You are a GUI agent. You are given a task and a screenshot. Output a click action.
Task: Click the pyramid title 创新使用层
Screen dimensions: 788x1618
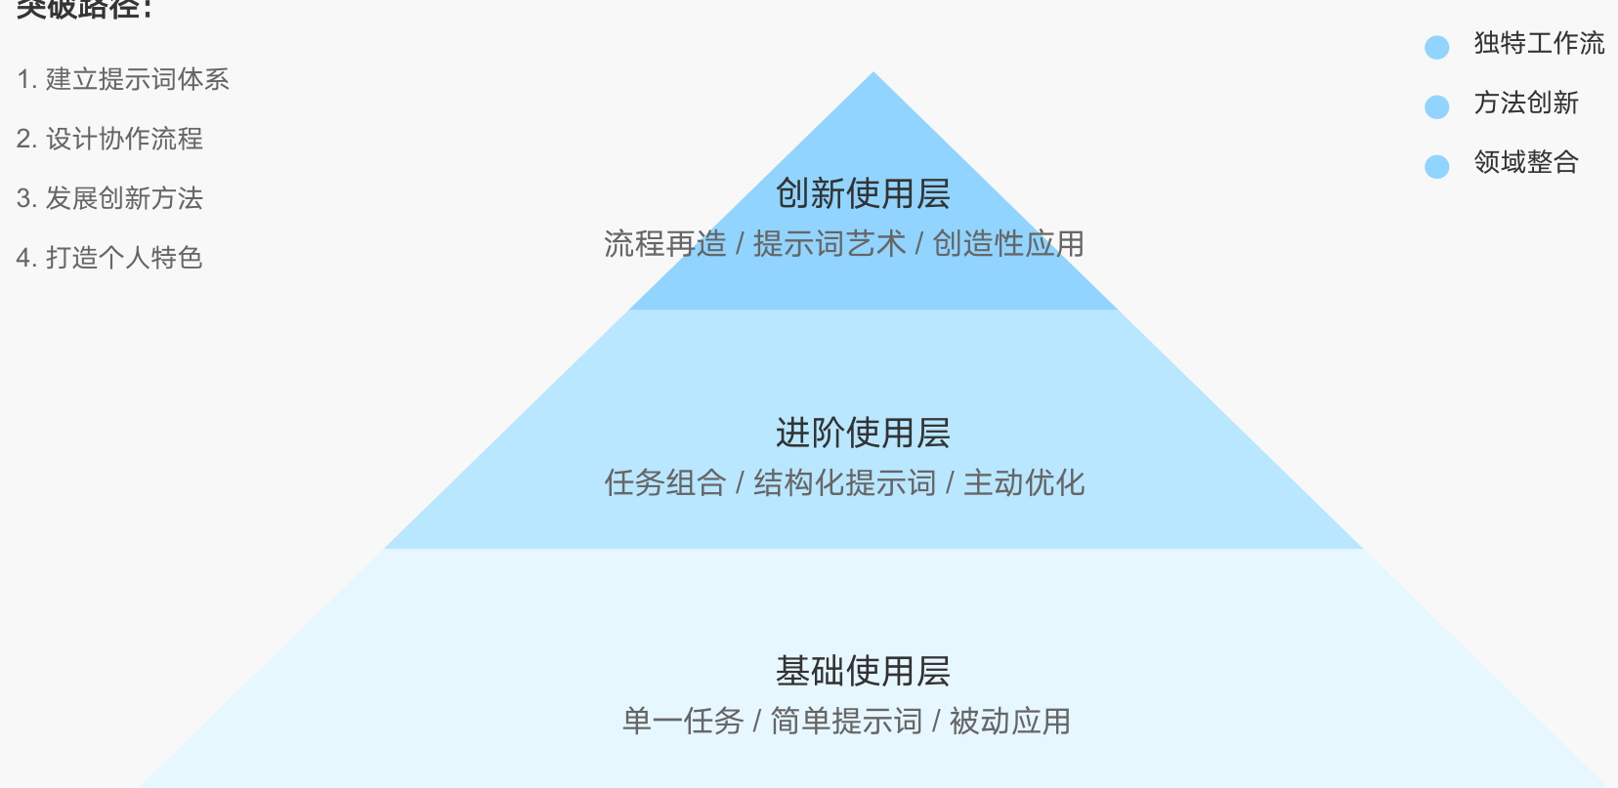(x=863, y=193)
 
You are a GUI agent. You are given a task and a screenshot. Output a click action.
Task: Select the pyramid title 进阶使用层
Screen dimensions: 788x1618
(x=863, y=433)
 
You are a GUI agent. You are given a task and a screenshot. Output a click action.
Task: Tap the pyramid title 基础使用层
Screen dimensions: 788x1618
(x=863, y=671)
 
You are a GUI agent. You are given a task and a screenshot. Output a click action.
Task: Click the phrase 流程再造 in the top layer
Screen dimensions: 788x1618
(x=664, y=243)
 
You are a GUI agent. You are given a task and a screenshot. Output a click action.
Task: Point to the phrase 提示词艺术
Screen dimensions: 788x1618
(x=830, y=243)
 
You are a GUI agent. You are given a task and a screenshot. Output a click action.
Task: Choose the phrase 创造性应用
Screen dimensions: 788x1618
(x=1008, y=243)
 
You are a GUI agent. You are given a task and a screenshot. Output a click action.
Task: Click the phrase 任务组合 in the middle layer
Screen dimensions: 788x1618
(x=664, y=482)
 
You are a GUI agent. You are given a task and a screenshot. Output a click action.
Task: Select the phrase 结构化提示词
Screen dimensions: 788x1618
(x=844, y=482)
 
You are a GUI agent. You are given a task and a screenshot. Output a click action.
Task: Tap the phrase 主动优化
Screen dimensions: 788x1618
(x=1024, y=482)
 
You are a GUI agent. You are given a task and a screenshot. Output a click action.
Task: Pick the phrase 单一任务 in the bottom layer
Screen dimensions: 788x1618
(x=683, y=721)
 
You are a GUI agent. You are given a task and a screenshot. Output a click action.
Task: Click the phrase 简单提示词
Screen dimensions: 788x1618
(x=846, y=721)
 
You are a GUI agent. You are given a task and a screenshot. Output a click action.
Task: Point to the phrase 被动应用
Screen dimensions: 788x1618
(x=1009, y=721)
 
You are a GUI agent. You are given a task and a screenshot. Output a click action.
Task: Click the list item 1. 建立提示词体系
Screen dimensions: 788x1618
(x=123, y=79)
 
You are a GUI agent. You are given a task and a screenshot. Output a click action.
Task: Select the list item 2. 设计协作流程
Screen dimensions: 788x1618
(x=109, y=139)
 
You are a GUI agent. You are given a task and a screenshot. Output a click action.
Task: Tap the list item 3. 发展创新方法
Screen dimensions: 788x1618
(x=109, y=198)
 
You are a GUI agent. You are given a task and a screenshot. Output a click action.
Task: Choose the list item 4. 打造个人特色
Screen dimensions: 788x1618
(x=109, y=258)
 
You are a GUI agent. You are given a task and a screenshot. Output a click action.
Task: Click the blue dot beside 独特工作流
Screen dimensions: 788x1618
(x=1436, y=47)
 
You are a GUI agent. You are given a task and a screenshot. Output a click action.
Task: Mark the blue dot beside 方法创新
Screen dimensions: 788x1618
(x=1436, y=106)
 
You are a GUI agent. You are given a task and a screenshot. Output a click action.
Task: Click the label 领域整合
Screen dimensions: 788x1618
(x=1526, y=162)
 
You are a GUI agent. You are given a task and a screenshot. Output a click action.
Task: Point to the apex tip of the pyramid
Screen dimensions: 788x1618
(x=873, y=74)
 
